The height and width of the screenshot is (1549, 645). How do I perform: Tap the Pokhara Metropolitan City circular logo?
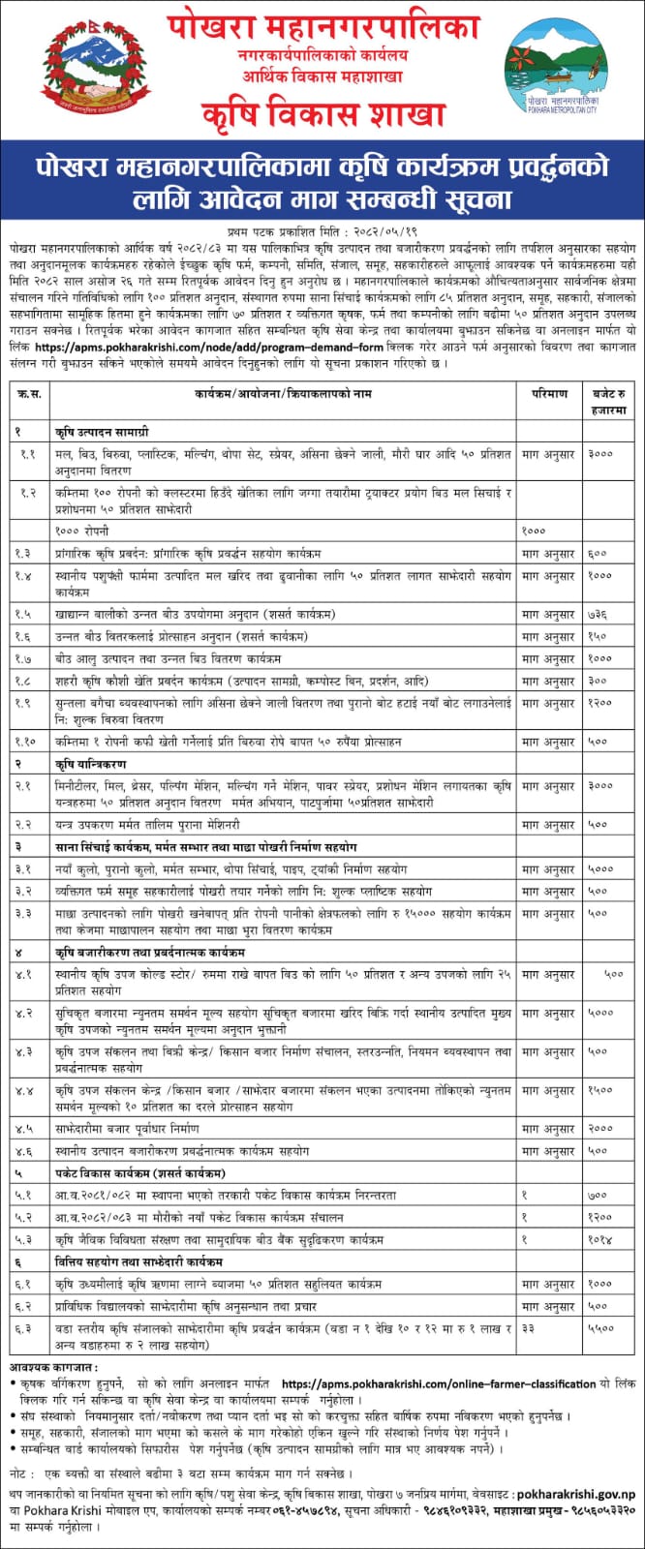click(x=561, y=76)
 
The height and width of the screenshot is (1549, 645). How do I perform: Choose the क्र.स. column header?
click(x=29, y=395)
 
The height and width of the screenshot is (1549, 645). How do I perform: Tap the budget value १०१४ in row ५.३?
click(x=599, y=1238)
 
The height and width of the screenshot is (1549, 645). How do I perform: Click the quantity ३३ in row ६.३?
click(x=529, y=1331)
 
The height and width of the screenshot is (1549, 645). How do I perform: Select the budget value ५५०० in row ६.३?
click(x=600, y=1331)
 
